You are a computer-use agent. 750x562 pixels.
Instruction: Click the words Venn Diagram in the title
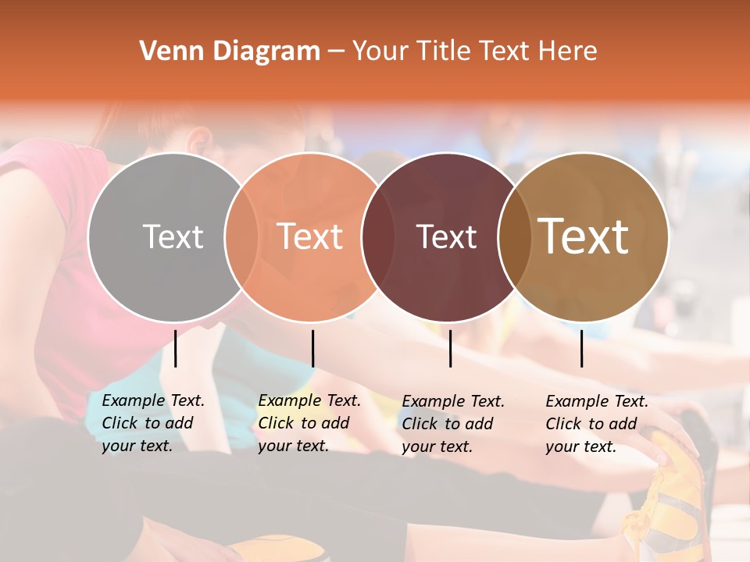[x=230, y=52]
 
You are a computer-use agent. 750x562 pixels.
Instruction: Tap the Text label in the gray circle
[x=173, y=237]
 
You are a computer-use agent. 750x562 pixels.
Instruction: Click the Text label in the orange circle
[x=310, y=237]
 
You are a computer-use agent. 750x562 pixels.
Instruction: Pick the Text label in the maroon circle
[x=446, y=237]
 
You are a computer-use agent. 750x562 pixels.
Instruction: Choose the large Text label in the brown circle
[x=584, y=237]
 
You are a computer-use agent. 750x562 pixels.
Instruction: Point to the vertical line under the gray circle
[x=176, y=348]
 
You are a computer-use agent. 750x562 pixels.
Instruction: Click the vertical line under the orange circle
[x=312, y=348]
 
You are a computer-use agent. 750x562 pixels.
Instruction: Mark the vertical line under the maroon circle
[x=451, y=348]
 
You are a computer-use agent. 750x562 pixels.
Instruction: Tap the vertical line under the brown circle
[x=582, y=348]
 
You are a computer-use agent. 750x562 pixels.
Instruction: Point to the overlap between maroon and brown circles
[x=512, y=237]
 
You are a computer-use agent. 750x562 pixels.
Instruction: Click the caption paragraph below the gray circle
[x=153, y=423]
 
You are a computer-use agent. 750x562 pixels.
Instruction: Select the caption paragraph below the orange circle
[x=309, y=423]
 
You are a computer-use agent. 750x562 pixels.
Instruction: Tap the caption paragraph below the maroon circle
[x=453, y=424]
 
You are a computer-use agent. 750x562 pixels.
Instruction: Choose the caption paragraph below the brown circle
[x=597, y=424]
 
